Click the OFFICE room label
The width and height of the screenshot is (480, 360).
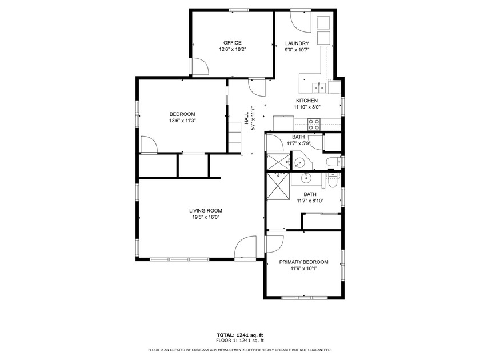click(232, 43)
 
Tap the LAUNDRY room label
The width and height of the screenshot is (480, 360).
click(297, 43)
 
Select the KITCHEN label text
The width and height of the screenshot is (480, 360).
click(307, 101)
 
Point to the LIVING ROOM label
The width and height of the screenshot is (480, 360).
click(205, 211)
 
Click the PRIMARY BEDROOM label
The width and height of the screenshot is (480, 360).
click(303, 262)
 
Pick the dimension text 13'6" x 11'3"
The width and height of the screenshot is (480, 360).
click(182, 121)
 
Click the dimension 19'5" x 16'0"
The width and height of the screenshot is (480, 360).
click(205, 217)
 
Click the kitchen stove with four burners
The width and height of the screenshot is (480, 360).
click(314, 123)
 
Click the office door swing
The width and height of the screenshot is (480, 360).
click(199, 67)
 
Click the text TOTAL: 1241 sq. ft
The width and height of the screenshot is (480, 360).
click(239, 335)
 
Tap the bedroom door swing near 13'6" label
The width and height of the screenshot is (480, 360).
click(149, 145)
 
